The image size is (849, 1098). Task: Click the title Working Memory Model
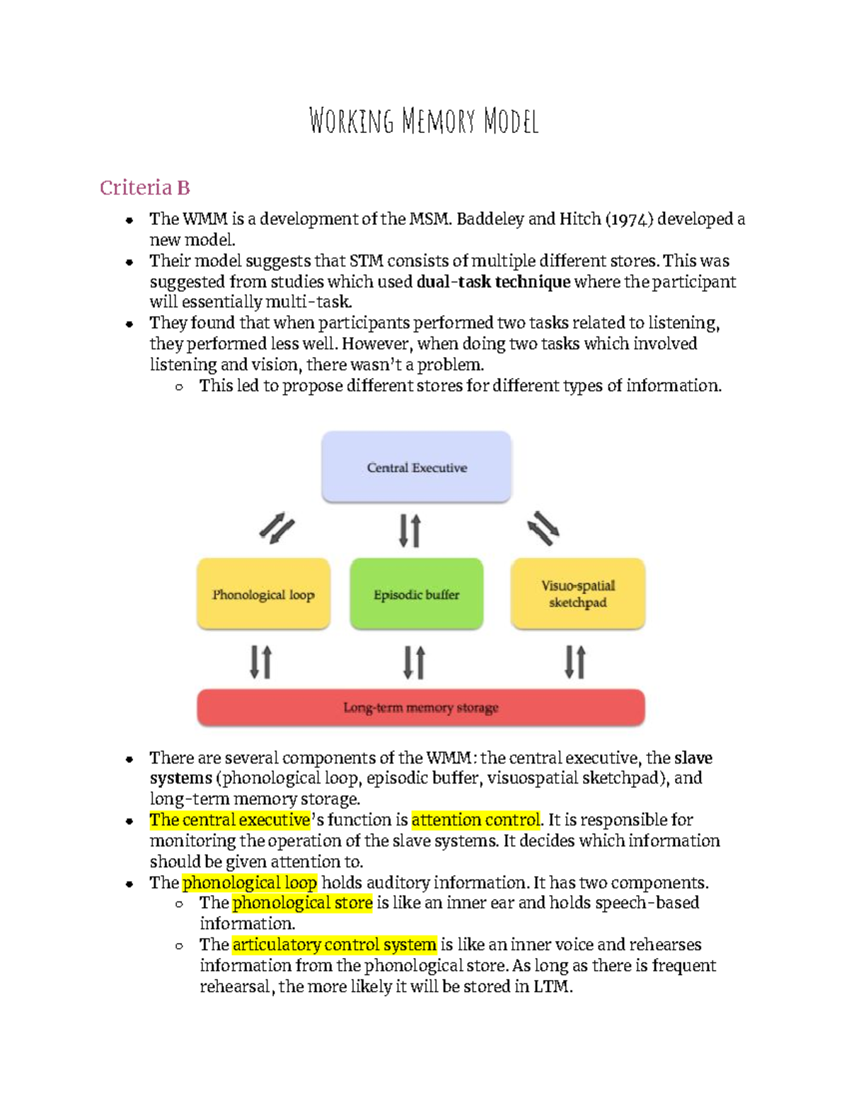tap(424, 121)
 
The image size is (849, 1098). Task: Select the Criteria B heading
tap(144, 187)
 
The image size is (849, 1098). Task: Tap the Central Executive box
tap(416, 467)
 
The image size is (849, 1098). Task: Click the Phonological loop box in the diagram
tap(263, 595)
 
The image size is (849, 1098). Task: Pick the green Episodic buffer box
tap(416, 595)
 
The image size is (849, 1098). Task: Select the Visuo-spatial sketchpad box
tap(577, 594)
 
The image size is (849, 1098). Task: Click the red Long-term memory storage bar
tap(421, 707)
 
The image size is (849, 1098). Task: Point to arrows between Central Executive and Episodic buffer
tap(410, 530)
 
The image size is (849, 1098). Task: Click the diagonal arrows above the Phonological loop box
tap(277, 528)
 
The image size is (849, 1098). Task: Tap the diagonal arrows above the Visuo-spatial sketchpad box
tap(543, 528)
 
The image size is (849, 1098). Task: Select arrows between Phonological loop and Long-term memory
tap(260, 662)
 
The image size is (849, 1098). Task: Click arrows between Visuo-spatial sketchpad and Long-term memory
tap(574, 662)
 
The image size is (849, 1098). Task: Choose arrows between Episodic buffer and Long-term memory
tap(414, 662)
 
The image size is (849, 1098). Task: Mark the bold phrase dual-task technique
tap(493, 282)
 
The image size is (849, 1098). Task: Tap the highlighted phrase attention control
tap(475, 820)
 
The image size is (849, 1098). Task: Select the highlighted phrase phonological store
tap(302, 903)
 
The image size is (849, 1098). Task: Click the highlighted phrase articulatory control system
tap(334, 945)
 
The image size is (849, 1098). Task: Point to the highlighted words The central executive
tap(230, 820)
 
